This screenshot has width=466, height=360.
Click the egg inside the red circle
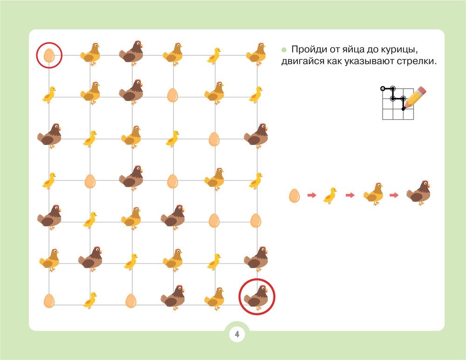click(49, 55)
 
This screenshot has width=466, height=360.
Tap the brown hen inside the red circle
click(256, 297)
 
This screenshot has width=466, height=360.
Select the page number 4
click(237, 334)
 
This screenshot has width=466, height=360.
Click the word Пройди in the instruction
click(309, 49)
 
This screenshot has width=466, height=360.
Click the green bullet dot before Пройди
click(284, 50)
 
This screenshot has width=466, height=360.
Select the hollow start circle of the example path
click(383, 88)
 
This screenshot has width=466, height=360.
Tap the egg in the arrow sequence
click(294, 196)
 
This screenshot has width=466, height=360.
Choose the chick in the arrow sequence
click(330, 195)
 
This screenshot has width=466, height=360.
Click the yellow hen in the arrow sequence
click(373, 194)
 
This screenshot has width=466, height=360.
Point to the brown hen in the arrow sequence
click(418, 193)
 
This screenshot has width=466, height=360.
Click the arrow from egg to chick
click(312, 195)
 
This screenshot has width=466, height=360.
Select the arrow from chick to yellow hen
click(350, 195)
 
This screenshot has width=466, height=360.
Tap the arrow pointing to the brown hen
click(394, 195)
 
